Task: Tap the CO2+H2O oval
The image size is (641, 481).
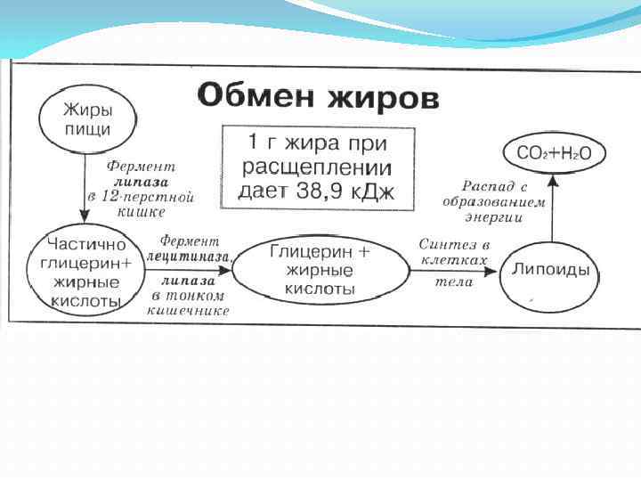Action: coord(553,153)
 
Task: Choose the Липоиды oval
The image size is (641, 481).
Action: coord(556,270)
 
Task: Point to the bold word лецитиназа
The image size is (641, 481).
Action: coord(188,256)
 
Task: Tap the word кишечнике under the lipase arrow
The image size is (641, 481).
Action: coord(190,311)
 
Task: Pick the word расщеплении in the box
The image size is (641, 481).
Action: coord(317,167)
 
